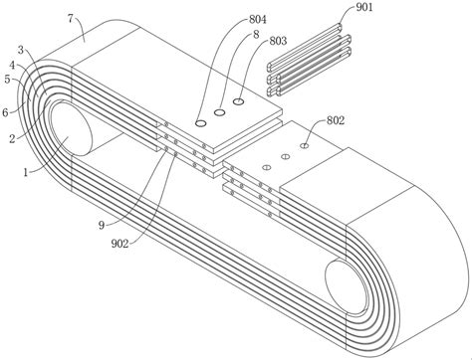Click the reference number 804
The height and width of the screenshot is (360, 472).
(258, 20)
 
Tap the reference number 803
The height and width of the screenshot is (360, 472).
(278, 41)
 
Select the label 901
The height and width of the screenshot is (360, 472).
(364, 7)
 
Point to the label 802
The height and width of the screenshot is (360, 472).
(336, 120)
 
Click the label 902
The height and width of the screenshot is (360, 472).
(119, 244)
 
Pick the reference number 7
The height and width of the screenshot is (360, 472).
(70, 19)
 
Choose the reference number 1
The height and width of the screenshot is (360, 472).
(25, 172)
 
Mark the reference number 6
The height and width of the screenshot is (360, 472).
(5, 112)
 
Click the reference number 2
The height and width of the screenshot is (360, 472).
(12, 138)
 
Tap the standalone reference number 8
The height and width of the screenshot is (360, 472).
(256, 35)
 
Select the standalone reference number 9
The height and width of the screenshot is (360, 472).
(102, 226)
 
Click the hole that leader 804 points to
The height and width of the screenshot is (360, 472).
(200, 123)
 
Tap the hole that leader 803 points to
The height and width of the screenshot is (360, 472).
(239, 101)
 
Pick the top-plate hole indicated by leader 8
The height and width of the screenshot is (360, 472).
(219, 112)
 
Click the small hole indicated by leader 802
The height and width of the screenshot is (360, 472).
(305, 145)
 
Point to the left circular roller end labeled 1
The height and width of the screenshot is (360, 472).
(70, 129)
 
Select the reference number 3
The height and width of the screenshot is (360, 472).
(21, 50)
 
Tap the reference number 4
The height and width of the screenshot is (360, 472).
(12, 66)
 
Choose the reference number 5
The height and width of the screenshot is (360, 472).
(7, 80)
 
